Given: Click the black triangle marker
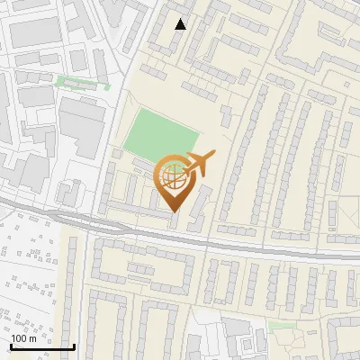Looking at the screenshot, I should pyautogui.click(x=181, y=24).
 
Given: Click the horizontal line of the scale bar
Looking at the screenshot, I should pyautogui.click(x=41, y=346).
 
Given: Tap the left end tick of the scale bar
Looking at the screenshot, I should pyautogui.click(x=11, y=345).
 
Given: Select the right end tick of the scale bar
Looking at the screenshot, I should pyautogui.click(x=73, y=345).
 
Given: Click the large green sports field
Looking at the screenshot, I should pyautogui.click(x=159, y=134).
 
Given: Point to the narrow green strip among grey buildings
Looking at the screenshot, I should pyautogui.click(x=82, y=84).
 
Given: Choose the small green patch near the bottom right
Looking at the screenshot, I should pyautogui.click(x=281, y=326).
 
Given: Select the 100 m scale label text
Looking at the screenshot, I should pyautogui.click(x=25, y=338).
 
